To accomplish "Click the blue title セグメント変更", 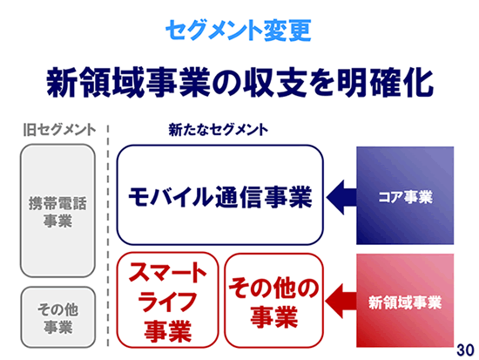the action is point(239,30).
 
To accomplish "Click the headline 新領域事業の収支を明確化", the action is point(239,83).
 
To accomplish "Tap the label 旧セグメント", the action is point(60,130).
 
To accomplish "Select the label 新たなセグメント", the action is point(218,130).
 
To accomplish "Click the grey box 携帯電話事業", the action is point(57,211).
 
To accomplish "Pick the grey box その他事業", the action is point(58,317).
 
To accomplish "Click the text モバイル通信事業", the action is point(220,197).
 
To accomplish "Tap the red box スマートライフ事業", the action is point(168,300).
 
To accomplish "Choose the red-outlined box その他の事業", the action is point(274,301).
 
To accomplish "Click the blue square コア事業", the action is point(405,195).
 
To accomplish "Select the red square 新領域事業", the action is point(405,301).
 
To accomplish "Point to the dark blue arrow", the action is point(341,197).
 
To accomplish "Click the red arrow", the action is point(341,302).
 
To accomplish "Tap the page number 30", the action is point(466,350).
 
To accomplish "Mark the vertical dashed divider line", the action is point(108,235).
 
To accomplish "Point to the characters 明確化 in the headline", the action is point(386,83).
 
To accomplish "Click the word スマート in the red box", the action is point(168,272).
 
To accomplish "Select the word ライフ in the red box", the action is point(168,302).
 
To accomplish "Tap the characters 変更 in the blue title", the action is point(287,30).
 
